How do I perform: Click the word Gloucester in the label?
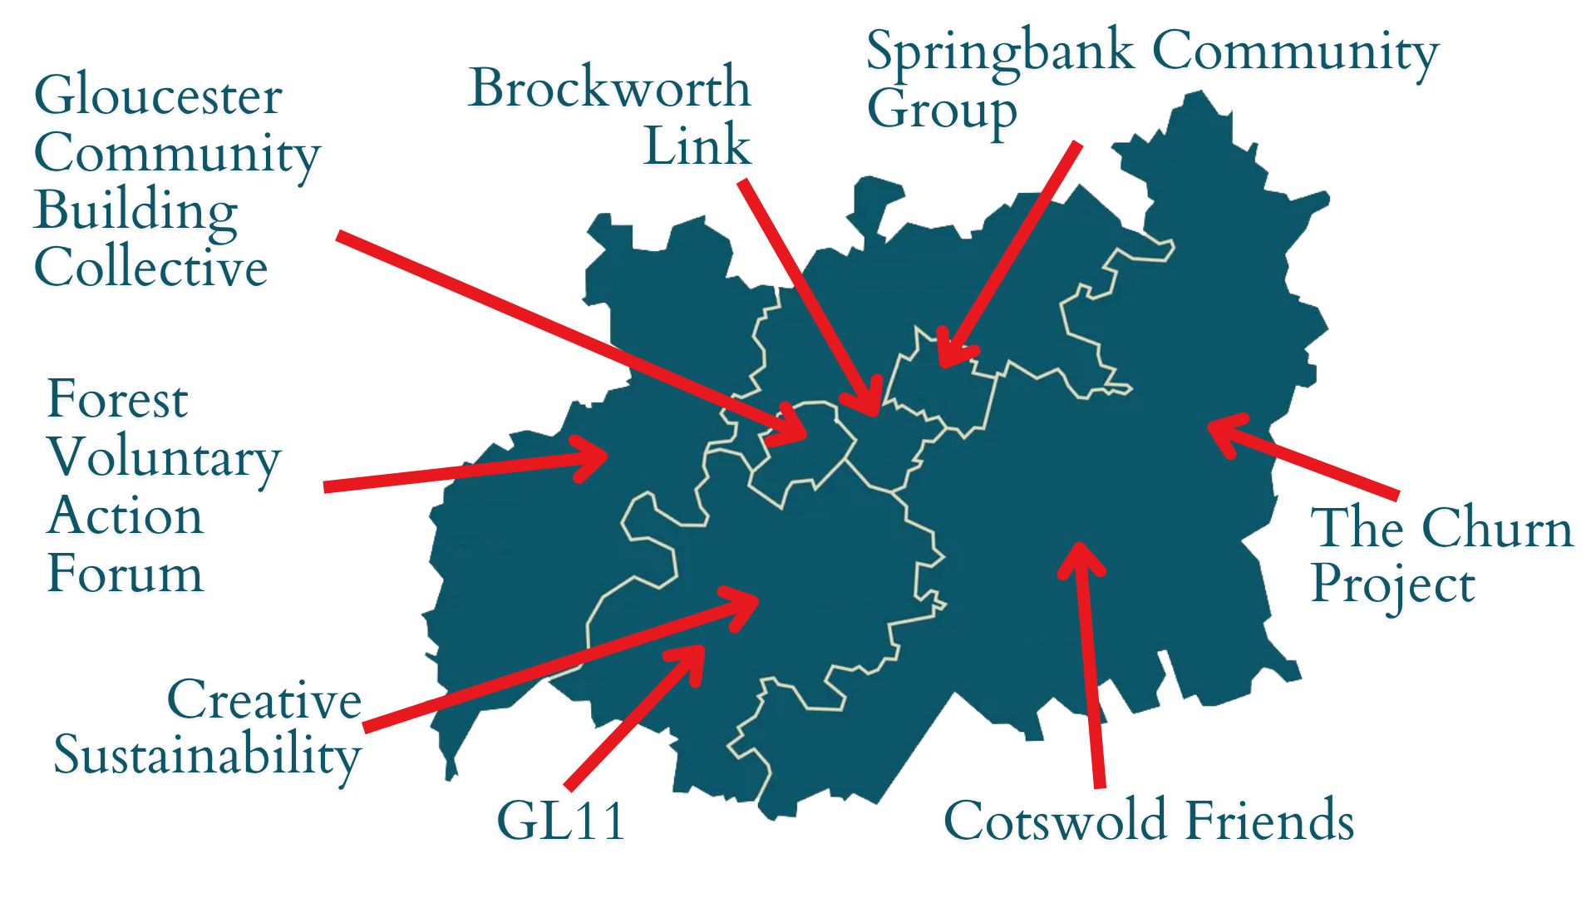tap(158, 96)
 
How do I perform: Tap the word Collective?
tap(150, 268)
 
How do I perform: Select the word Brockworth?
tap(609, 87)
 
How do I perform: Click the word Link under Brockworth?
tap(697, 146)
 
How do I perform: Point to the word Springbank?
tap(1000, 52)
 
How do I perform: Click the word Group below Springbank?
tap(942, 111)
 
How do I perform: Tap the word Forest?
tap(118, 399)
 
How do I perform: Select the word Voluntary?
tap(165, 458)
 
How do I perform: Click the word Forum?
tap(126, 574)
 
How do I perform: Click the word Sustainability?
tap(208, 756)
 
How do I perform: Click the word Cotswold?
tap(1056, 821)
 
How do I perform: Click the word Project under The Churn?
tap(1393, 585)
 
